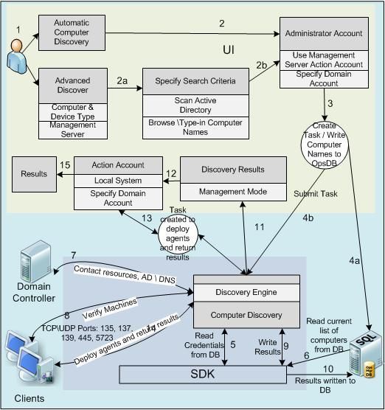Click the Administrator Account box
point(324,33)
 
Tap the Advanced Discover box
point(71,84)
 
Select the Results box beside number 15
point(35,174)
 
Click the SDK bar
point(203,376)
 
